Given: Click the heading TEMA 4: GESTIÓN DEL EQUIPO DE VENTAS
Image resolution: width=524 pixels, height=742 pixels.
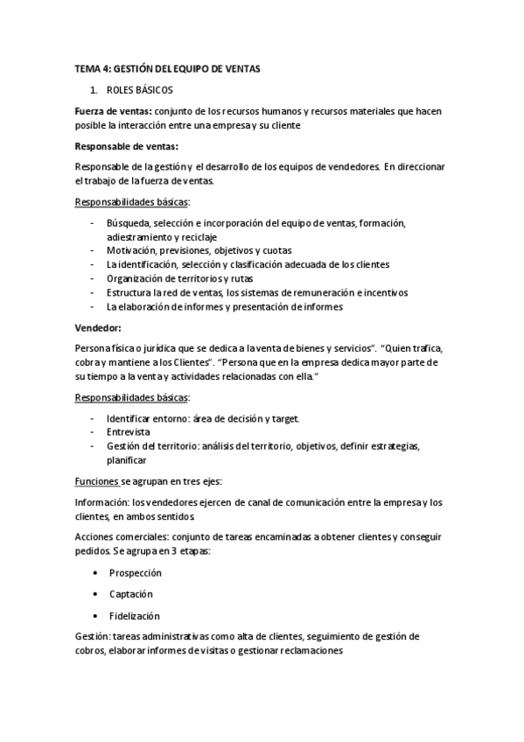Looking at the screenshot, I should pyautogui.click(x=167, y=68).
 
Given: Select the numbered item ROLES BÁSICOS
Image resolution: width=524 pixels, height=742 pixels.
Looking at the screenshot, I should pyautogui.click(x=140, y=90).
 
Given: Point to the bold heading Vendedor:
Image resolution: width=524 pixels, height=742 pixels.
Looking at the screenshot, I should pyautogui.click(x=97, y=328).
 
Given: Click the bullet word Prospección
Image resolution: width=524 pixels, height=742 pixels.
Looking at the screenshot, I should pyautogui.click(x=136, y=572).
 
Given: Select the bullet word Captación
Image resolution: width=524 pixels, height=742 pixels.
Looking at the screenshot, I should pyautogui.click(x=131, y=594).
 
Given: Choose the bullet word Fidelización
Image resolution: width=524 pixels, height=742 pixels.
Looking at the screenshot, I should pyautogui.click(x=135, y=616).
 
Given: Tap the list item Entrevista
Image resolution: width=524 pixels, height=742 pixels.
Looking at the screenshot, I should pyautogui.click(x=128, y=432).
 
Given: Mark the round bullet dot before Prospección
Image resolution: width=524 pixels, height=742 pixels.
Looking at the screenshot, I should pyautogui.click(x=94, y=572).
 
